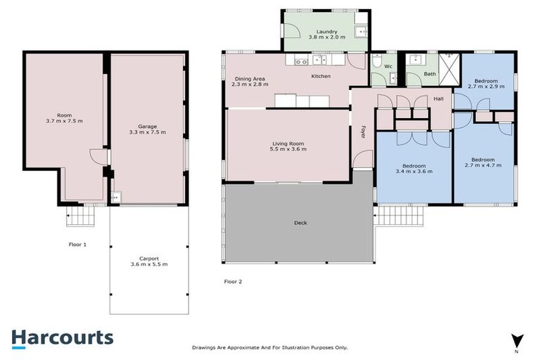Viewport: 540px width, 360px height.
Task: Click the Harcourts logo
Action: click(62, 337)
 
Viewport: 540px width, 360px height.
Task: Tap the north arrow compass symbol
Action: click(517, 340)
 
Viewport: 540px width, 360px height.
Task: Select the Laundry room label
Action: click(327, 32)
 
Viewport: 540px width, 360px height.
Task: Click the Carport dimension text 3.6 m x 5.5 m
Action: click(149, 264)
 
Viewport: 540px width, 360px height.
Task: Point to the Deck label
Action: click(300, 223)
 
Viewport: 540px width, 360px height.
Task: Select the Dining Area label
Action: click(250, 79)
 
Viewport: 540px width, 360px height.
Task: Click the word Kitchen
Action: click(321, 76)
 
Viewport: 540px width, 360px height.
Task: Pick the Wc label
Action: click(387, 67)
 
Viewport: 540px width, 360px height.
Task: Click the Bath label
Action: click(430, 73)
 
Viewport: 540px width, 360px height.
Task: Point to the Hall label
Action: click(438, 99)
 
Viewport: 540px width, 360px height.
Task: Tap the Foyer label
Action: click(364, 131)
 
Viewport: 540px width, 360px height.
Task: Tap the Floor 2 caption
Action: click(233, 281)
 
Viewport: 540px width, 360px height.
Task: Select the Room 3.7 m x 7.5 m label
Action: click(64, 117)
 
